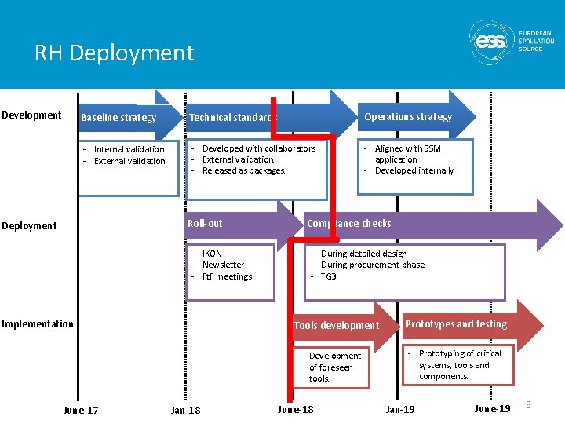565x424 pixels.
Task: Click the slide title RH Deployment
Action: click(x=114, y=53)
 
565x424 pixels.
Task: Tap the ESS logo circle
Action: click(x=492, y=42)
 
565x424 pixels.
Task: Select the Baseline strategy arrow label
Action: click(x=118, y=118)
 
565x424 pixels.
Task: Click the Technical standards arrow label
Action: click(x=233, y=118)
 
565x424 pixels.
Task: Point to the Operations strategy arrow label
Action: click(x=408, y=117)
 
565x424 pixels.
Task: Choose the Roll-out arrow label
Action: click(x=205, y=224)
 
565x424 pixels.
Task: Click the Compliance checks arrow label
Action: click(x=348, y=224)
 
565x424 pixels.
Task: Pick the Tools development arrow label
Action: click(x=336, y=326)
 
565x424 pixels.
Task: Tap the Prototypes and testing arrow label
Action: click(x=456, y=324)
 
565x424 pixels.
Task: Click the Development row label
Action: click(x=31, y=115)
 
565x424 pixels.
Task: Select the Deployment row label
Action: click(x=29, y=226)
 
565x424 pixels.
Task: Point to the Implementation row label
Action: click(x=38, y=324)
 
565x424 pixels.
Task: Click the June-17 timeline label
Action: click(x=81, y=410)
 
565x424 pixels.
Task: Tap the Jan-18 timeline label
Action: click(x=185, y=410)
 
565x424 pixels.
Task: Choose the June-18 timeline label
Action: click(x=295, y=410)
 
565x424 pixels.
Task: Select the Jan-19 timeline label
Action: click(x=400, y=410)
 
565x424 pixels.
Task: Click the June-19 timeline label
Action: click(x=493, y=409)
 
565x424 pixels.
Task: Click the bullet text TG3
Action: click(x=328, y=276)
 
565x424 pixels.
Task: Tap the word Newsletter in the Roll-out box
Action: click(x=223, y=265)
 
